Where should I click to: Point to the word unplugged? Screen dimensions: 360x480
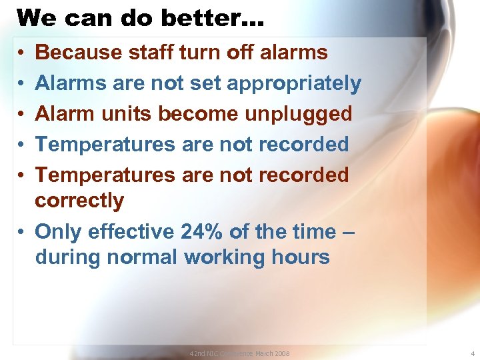pyautogui.click(x=299, y=114)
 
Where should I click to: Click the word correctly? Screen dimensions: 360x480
pyautogui.click(x=79, y=200)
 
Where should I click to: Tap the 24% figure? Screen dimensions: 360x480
pyautogui.click(x=202, y=231)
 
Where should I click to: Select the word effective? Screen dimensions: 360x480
pyautogui.click(x=127, y=231)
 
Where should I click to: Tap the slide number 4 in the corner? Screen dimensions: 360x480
pyautogui.click(x=471, y=353)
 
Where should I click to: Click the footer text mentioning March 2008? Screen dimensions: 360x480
pyautogui.click(x=239, y=353)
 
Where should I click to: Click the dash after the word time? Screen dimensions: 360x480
pyautogui.click(x=349, y=232)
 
